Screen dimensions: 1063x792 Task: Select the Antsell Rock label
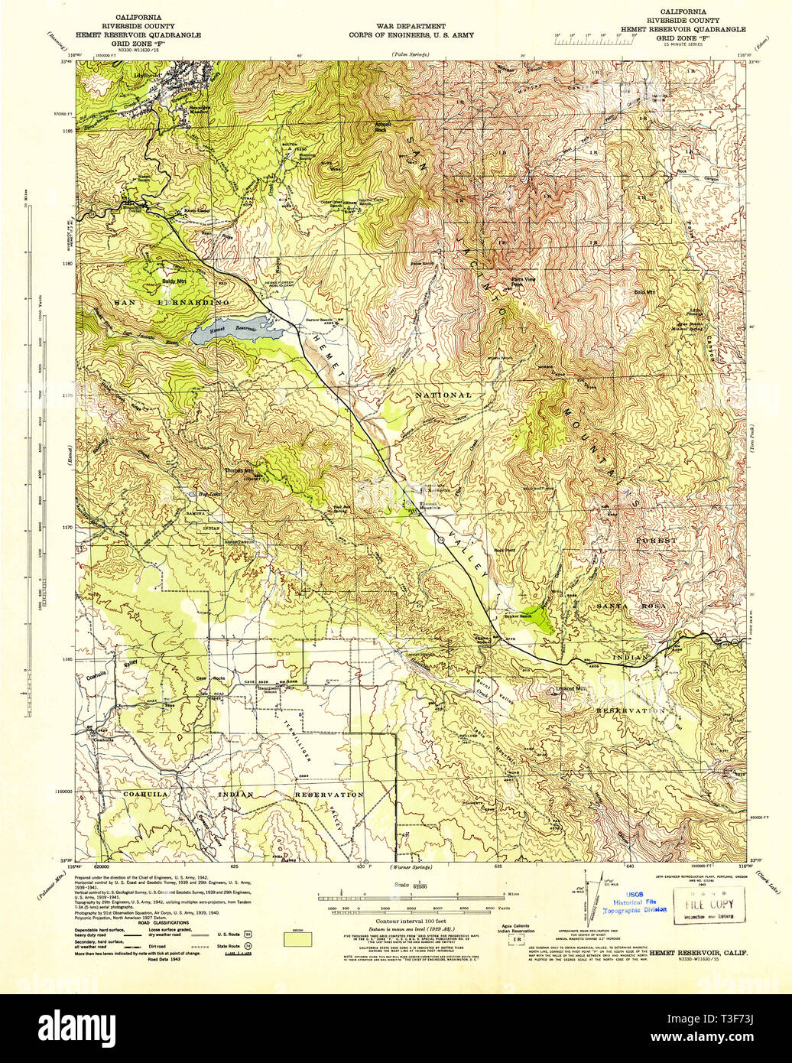click(x=380, y=125)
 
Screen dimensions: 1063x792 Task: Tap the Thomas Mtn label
click(x=239, y=471)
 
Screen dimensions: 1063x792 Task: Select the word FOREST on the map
click(x=657, y=541)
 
